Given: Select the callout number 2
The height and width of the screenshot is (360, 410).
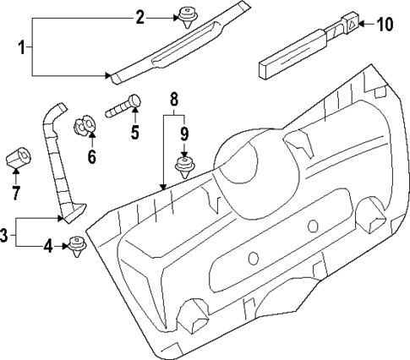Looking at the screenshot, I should click(x=140, y=16).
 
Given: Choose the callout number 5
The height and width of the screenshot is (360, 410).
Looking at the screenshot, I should click(x=134, y=132).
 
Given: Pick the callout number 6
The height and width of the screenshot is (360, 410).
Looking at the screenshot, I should click(x=92, y=156).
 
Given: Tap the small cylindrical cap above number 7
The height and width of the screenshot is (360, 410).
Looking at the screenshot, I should click(x=18, y=157).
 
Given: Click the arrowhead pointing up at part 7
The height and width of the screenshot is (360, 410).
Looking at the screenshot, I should click(x=16, y=172).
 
